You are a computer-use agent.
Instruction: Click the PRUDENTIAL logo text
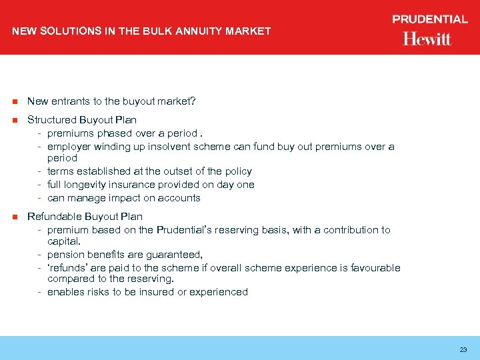click(430, 19)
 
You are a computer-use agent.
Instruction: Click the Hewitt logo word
click(427, 39)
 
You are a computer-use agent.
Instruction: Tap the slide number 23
click(463, 349)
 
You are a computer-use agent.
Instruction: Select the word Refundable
click(52, 217)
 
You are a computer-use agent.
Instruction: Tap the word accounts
click(181, 198)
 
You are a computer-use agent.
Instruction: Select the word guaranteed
click(175, 255)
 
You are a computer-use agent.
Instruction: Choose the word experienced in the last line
click(220, 292)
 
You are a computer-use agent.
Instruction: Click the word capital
click(63, 242)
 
